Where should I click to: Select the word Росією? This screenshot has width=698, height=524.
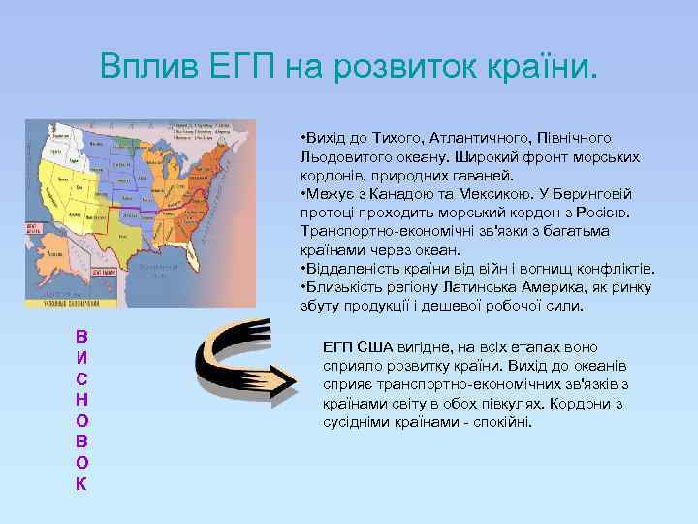606,213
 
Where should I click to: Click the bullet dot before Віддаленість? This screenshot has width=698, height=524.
303,269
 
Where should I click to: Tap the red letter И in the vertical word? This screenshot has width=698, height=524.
81,356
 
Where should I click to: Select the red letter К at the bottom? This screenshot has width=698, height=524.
81,483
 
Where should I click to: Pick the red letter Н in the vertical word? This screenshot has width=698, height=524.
81,399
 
